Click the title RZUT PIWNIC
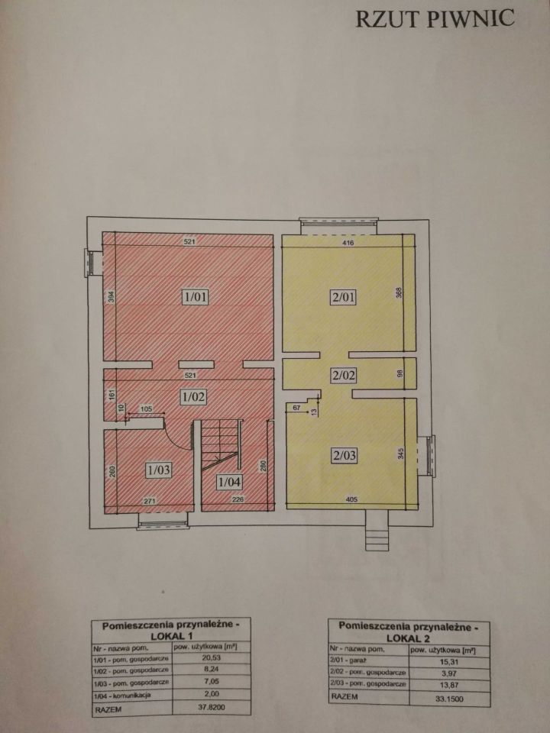[x=434, y=19]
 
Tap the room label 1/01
[x=195, y=296]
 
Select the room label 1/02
[x=193, y=396]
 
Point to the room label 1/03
[x=158, y=470]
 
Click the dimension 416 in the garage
[x=348, y=242]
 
